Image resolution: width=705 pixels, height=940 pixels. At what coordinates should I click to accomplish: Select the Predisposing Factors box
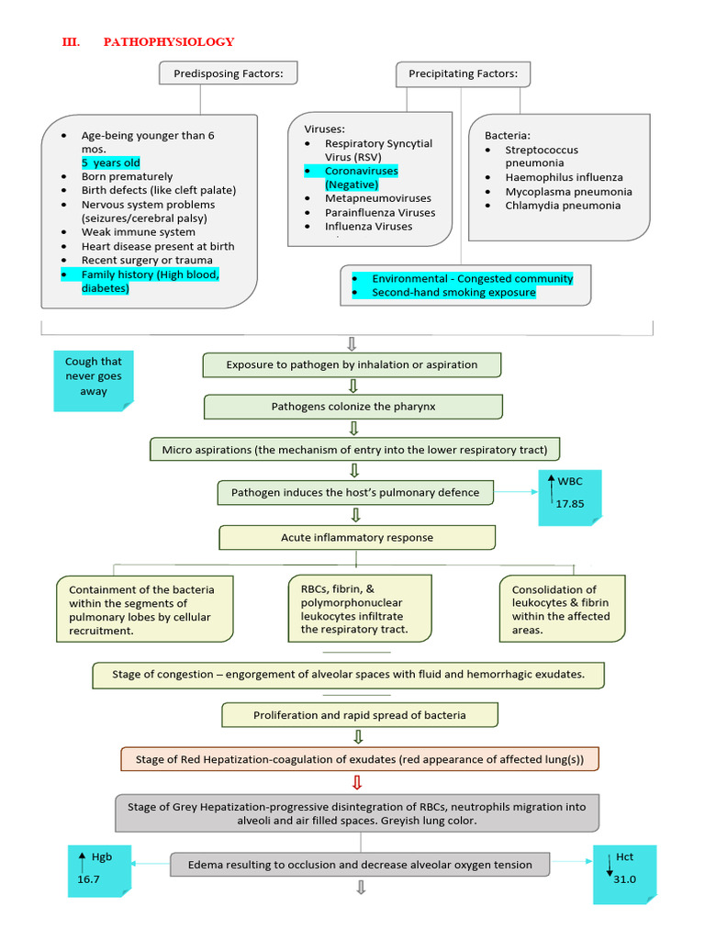tap(228, 73)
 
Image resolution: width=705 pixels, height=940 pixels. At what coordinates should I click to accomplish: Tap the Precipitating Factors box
tap(463, 73)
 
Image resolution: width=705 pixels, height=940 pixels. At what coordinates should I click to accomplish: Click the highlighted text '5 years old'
tap(110, 162)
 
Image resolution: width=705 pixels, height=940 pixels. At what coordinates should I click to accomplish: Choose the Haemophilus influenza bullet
tap(564, 177)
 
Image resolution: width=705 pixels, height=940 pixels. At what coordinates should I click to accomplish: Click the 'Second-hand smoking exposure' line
tap(453, 293)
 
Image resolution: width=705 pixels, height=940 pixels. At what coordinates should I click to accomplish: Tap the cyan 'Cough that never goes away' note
tap(94, 376)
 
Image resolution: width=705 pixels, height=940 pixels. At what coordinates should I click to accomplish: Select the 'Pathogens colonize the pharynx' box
tap(353, 407)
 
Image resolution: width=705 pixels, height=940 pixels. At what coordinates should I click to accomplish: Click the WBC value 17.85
tap(570, 503)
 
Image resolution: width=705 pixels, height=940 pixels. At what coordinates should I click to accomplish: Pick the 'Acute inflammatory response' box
tap(357, 537)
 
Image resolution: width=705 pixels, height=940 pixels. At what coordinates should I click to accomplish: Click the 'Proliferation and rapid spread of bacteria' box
tap(360, 715)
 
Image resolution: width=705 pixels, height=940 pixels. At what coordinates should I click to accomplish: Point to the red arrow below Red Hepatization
tap(357, 782)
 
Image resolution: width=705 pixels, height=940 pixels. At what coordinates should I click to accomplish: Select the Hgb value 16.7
tap(89, 879)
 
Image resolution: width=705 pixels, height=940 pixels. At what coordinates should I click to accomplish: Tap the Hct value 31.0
tap(626, 878)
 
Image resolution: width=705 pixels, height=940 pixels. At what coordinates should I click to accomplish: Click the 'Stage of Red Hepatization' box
tap(360, 759)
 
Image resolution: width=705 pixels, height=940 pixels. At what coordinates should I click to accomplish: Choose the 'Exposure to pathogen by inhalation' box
tap(352, 364)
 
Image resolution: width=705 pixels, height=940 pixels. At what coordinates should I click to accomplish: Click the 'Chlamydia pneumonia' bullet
tap(563, 206)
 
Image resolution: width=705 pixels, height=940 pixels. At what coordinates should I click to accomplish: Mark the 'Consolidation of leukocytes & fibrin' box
tap(562, 610)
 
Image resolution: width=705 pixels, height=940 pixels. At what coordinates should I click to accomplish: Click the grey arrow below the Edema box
tap(361, 888)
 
